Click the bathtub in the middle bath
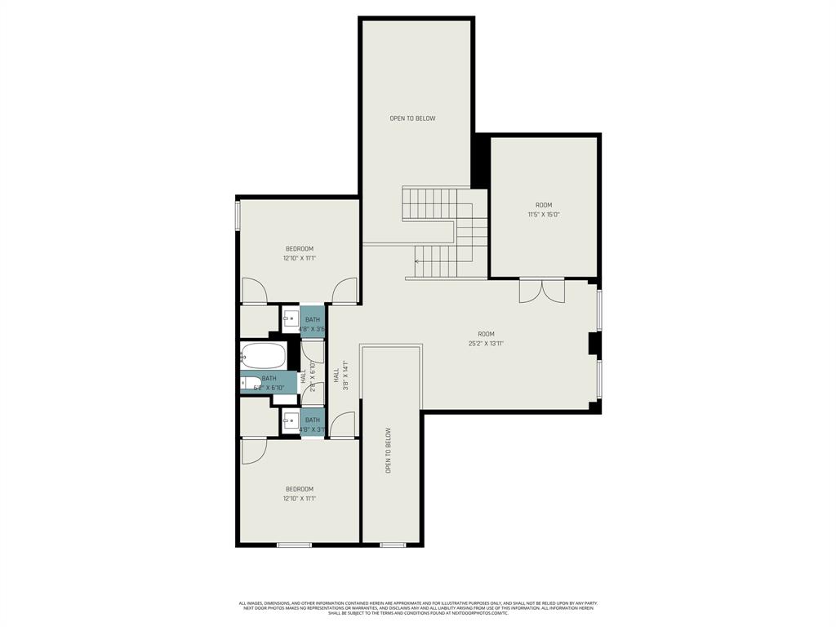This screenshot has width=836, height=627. coord(263,356)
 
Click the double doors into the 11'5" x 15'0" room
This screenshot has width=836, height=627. coord(541,291)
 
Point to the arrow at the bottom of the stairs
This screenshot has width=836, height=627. coord(418,262)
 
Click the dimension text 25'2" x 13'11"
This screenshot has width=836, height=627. coord(486,344)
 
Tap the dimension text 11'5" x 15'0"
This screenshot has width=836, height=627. coord(543,215)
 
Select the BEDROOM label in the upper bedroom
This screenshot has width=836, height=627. coord(299,249)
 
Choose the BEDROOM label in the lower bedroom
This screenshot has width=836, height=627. coord(299,489)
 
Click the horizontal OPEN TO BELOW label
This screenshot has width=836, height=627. coord(412,118)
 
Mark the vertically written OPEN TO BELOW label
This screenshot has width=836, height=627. coord(389,451)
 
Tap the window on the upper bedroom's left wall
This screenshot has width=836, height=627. coord(238,216)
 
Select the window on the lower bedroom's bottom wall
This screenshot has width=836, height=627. coord(293,545)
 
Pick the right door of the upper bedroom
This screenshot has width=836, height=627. coord(345,291)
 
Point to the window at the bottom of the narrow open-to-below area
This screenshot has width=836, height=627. coord(392,545)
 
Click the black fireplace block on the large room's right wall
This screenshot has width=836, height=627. coord(595,344)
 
